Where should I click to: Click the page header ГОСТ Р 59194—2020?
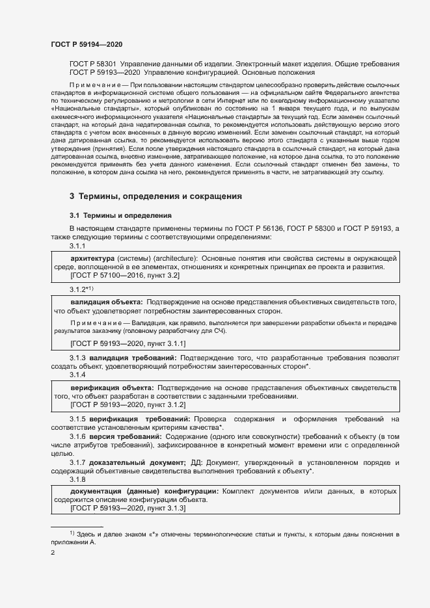(x=87, y=44)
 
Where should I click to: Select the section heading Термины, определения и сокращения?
(x=160, y=196)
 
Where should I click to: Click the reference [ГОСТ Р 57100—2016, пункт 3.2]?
(x=125, y=276)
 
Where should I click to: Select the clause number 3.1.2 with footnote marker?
(x=82, y=289)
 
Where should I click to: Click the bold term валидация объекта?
(x=107, y=302)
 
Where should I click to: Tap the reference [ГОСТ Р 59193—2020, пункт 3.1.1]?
(x=128, y=343)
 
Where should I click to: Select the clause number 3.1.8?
(x=77, y=479)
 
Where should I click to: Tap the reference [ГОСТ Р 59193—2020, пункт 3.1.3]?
(x=128, y=509)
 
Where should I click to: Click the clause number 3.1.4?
(x=77, y=375)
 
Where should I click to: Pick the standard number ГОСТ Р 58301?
(x=92, y=64)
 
